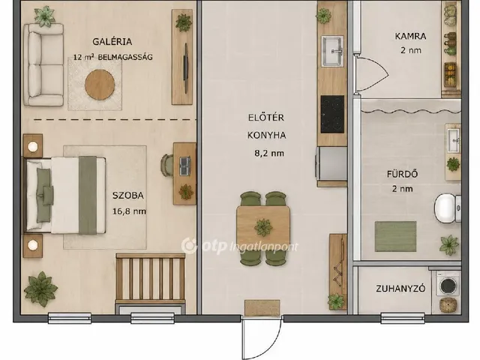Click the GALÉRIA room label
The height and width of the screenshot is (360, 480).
coord(112,41)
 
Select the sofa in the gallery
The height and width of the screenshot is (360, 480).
coord(43,65)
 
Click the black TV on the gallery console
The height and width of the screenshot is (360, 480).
coord(185,68)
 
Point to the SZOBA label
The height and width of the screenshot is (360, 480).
coord(128,195)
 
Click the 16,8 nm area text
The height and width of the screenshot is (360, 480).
coord(129,211)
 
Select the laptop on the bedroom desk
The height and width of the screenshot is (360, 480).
coord(184,166)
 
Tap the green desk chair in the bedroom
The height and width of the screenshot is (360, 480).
coord(166,165)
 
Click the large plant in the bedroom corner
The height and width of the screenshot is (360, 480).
coord(40,289)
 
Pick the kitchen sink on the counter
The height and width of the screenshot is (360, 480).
coord(332,51)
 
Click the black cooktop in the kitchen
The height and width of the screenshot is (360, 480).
coord(332,114)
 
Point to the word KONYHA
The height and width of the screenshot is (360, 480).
coord(267,135)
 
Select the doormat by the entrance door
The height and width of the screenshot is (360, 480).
coord(262,307)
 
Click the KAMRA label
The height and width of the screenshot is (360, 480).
coord(410,36)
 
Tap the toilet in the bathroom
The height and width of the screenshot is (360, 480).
coord(448,208)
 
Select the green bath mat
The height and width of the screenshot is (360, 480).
coord(395,237)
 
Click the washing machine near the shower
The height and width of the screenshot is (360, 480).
coord(448,283)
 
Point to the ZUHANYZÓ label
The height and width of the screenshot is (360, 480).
coord(400,289)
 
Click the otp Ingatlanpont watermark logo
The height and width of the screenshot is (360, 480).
coord(239,246)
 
